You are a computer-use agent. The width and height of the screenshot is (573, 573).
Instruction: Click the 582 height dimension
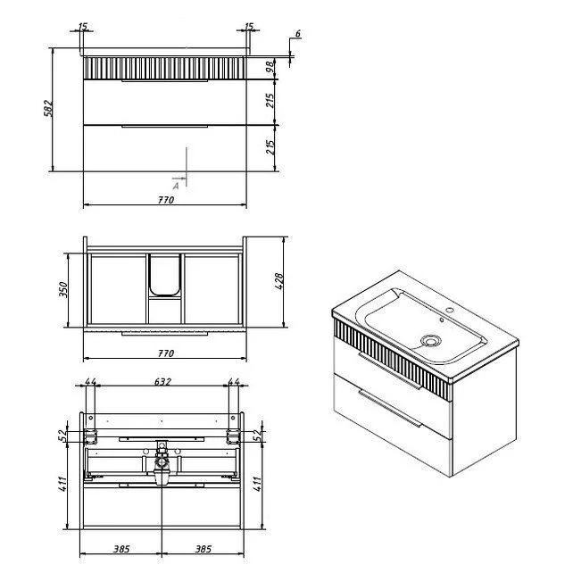point(48,108)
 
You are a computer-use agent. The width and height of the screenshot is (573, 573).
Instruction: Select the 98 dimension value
point(270,67)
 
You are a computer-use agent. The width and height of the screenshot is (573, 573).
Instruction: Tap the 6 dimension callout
point(298,34)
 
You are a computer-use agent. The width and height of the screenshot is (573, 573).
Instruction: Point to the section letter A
point(176,187)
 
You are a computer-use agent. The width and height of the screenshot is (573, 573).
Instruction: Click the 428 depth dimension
point(278,281)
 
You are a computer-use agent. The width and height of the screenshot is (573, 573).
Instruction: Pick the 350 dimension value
point(63,289)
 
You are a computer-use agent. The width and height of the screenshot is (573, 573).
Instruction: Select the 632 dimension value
point(162,382)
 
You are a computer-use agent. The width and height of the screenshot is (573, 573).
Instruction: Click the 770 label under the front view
point(166,200)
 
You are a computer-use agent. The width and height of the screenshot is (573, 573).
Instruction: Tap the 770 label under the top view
point(166,353)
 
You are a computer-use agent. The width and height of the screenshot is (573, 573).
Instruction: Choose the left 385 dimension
point(121,549)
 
